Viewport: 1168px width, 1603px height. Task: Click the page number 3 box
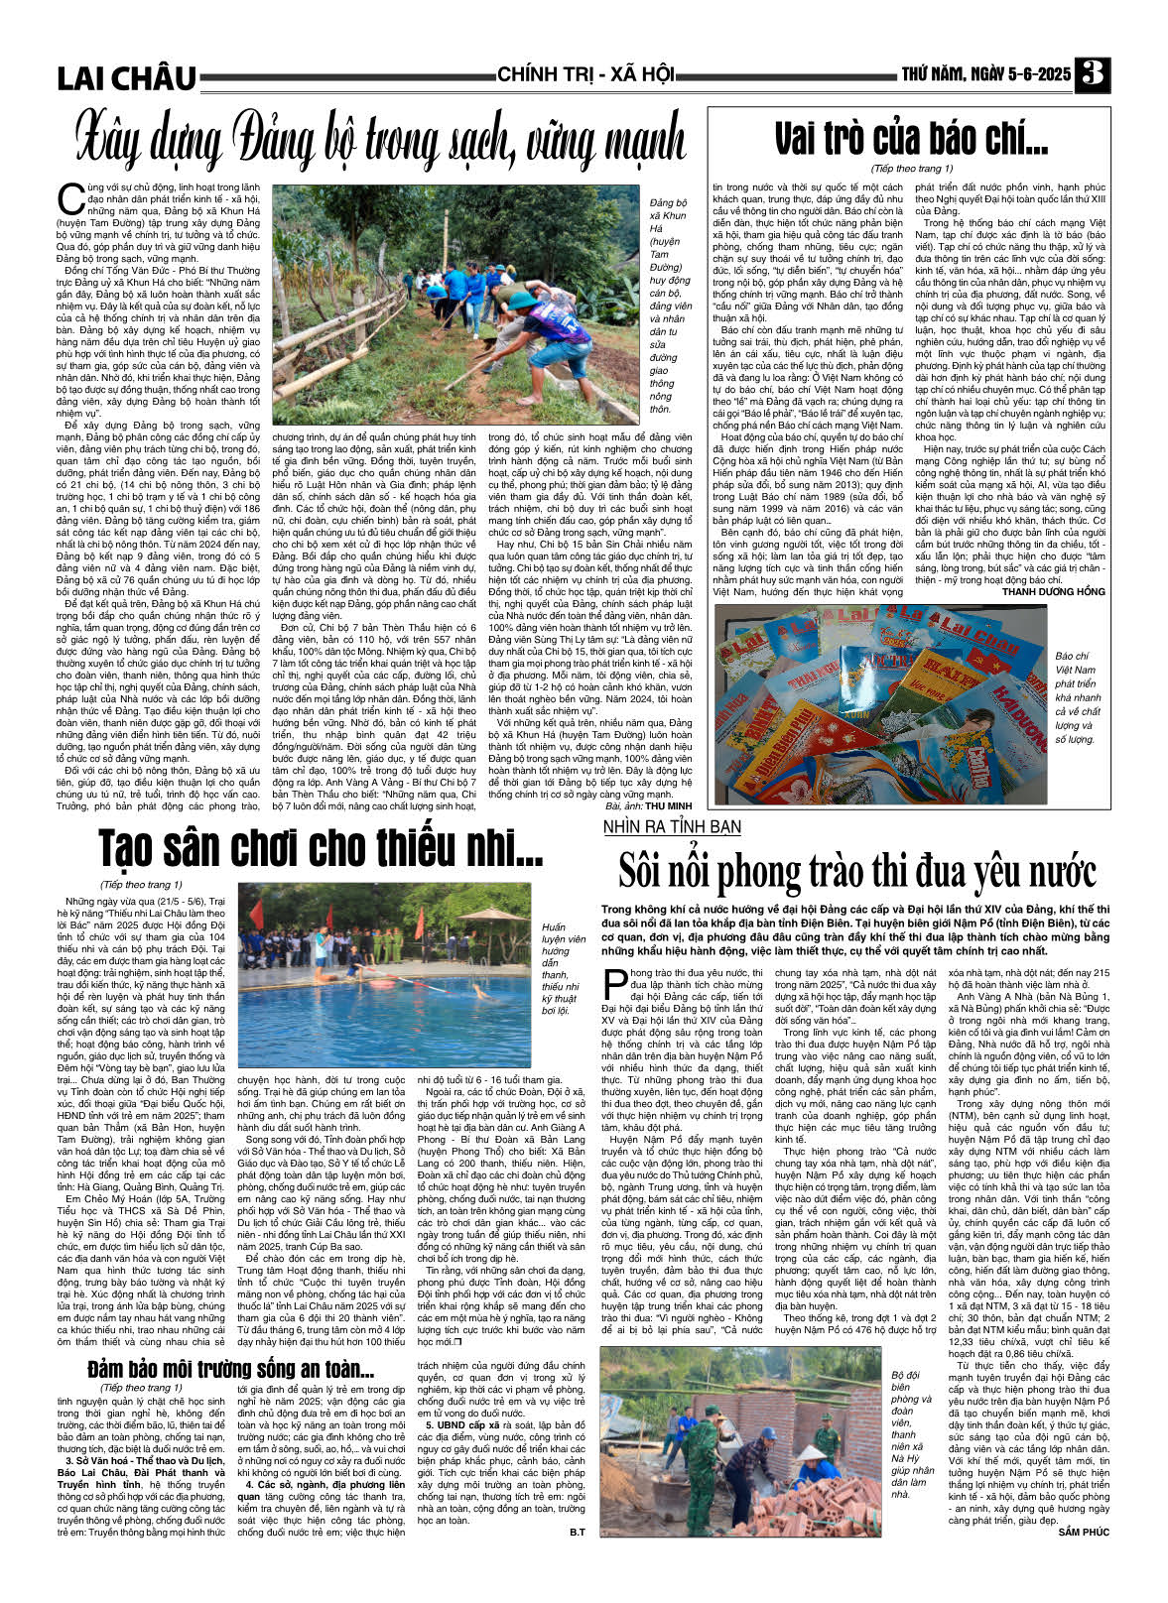pos(1093,75)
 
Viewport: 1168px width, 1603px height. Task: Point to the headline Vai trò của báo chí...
pos(910,139)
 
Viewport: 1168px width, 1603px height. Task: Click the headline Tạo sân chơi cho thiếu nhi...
pos(320,849)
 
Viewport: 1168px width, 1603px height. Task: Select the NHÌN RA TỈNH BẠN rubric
pos(672,826)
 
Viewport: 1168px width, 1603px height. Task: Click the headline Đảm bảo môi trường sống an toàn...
pos(230,1371)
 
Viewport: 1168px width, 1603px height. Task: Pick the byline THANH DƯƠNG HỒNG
pos(1053,592)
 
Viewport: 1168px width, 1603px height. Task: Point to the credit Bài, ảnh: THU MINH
pos(648,806)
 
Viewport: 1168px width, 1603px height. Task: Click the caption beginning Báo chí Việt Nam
pos(1078,697)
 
